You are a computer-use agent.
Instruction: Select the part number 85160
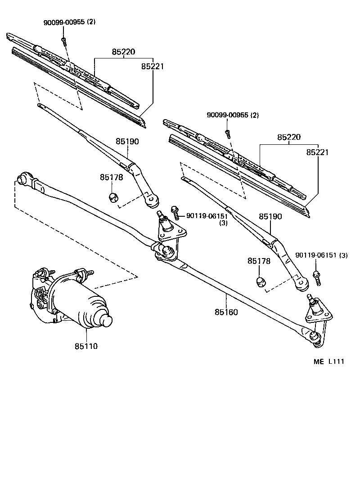(x=226, y=312)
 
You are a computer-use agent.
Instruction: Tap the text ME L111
(x=328, y=361)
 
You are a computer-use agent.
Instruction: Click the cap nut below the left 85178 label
(x=114, y=197)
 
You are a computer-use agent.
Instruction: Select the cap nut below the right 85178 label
(x=260, y=282)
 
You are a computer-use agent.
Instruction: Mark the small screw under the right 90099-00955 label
(x=228, y=133)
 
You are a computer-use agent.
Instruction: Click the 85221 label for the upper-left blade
(x=153, y=67)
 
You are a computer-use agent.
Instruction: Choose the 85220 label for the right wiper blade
(x=288, y=137)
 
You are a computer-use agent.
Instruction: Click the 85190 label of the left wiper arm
(x=127, y=141)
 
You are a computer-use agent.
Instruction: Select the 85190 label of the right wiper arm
(x=270, y=217)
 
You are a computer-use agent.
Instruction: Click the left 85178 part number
(x=111, y=177)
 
